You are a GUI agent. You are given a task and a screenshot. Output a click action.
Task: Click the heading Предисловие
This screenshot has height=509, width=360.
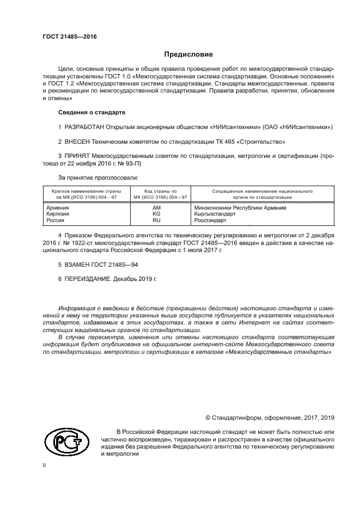pyautogui.click(x=189, y=54)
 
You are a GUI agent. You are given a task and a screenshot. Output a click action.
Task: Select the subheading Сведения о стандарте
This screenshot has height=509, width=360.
pyautogui.click(x=91, y=112)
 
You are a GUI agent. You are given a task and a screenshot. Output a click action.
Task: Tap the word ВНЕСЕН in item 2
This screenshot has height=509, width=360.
pyautogui.click(x=80, y=142)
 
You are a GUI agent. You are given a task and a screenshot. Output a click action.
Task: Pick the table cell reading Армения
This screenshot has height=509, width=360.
pyautogui.click(x=58, y=208)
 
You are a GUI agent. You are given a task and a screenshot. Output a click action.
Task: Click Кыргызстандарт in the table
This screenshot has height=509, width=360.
pyautogui.click(x=215, y=214)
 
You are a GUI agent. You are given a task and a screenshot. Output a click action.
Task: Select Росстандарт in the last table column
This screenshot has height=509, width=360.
pyautogui.click(x=210, y=221)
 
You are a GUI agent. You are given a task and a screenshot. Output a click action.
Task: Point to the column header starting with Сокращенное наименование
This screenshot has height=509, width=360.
pyautogui.click(x=254, y=192)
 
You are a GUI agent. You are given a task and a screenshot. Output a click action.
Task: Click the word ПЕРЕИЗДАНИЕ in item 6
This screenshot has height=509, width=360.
pyautogui.click(x=88, y=278)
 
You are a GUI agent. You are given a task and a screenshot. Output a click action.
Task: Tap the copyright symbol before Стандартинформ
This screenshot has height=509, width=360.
pyautogui.click(x=208, y=418)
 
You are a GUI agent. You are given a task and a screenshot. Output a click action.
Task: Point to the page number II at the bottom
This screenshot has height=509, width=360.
pyautogui.click(x=45, y=466)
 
